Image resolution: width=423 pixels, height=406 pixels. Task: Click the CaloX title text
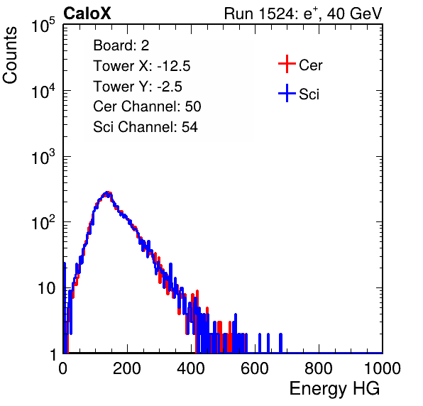[87, 13]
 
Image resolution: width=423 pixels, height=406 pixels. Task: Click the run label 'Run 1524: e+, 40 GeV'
[303, 13]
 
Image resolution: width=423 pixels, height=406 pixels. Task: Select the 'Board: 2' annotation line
[121, 45]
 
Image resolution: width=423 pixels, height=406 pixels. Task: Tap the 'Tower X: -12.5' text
[142, 66]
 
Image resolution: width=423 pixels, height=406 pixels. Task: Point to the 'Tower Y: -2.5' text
[138, 87]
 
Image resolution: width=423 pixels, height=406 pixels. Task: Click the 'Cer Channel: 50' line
[147, 106]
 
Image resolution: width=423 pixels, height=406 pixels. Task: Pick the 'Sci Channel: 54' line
[145, 127]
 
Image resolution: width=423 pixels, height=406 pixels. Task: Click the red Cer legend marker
[287, 64]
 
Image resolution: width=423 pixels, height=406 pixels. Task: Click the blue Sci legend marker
[287, 93]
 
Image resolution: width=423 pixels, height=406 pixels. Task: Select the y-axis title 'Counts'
[10, 55]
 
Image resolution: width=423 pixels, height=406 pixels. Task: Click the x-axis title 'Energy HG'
[334, 389]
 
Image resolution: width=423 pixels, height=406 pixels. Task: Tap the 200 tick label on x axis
[127, 368]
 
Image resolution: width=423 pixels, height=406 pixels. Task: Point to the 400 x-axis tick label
[191, 368]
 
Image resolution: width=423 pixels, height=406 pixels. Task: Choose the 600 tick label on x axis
[255, 368]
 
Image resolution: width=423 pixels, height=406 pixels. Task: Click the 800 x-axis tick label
[319, 368]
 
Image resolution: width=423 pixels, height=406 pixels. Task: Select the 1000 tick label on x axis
[383, 368]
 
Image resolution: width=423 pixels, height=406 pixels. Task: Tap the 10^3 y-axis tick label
[43, 157]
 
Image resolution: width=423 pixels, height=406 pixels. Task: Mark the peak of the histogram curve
[107, 192]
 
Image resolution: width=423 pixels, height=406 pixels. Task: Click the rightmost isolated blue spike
[280, 343]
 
